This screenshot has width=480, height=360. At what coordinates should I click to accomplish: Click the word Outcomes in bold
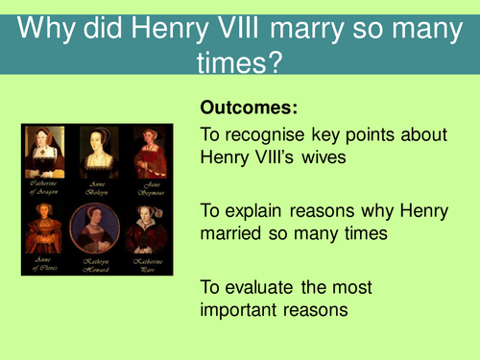(242, 108)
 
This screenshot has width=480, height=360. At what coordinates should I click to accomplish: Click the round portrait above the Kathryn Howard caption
(97, 227)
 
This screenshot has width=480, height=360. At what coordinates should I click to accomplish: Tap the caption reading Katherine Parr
(145, 264)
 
